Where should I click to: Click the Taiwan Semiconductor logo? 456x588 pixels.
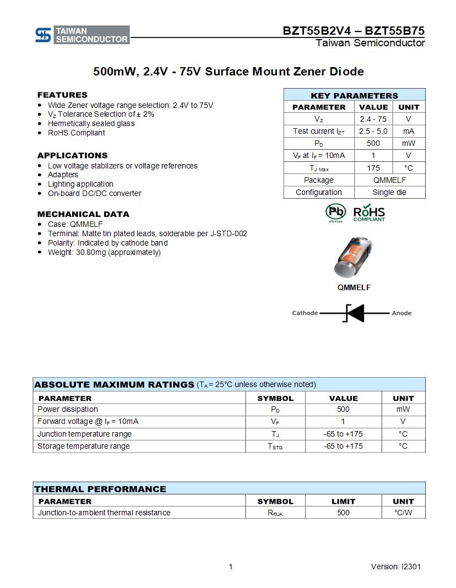tap(82, 35)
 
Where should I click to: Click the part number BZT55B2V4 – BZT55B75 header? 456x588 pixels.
tap(354, 31)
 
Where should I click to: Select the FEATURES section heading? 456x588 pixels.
tap(62, 95)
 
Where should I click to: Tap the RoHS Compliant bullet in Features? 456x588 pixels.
tap(76, 133)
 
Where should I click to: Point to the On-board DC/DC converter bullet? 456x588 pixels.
tap(94, 193)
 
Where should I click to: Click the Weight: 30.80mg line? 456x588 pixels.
tap(104, 252)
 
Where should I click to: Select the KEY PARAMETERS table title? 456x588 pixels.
tap(354, 95)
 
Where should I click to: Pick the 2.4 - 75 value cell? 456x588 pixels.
tap(373, 119)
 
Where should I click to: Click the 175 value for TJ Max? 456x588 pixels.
tap(373, 168)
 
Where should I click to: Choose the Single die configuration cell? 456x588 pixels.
tap(389, 192)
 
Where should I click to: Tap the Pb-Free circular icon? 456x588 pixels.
tap(335, 213)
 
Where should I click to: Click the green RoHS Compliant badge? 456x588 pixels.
tap(369, 213)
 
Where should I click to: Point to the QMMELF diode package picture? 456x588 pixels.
tap(354, 258)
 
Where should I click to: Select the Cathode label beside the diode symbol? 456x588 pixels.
tap(305, 313)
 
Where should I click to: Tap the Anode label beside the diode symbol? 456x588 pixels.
tap(401, 313)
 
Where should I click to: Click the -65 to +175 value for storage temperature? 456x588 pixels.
tap(343, 446)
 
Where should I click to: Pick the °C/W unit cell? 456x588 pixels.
tap(403, 513)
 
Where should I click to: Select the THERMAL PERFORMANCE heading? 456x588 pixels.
tap(100, 489)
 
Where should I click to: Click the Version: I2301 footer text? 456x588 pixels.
tap(396, 567)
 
